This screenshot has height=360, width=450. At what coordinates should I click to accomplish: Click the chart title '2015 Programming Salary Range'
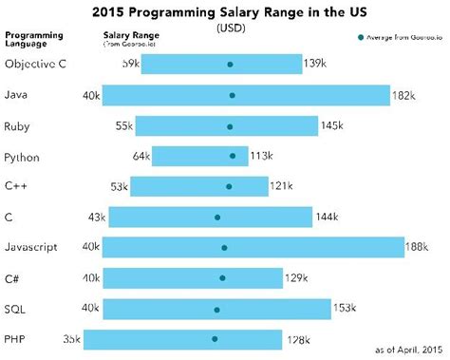point(225,13)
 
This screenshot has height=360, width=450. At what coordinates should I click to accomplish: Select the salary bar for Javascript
point(253,247)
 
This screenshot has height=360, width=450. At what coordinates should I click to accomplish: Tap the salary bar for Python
point(199,156)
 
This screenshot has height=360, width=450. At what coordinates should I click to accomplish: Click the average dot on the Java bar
point(232,95)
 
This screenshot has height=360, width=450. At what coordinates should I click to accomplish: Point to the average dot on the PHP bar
point(215,338)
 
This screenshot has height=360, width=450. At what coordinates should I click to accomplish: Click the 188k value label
point(418,247)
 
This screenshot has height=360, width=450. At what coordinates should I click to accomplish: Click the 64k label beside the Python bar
point(141,156)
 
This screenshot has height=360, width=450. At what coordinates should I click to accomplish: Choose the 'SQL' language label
point(15,308)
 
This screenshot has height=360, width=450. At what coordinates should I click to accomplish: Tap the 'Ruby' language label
point(18,125)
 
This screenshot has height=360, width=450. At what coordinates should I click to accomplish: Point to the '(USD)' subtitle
point(225,28)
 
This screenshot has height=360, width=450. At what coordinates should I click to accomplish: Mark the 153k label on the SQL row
point(346,308)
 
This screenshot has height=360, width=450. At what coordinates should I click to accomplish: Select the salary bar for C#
point(193,277)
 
